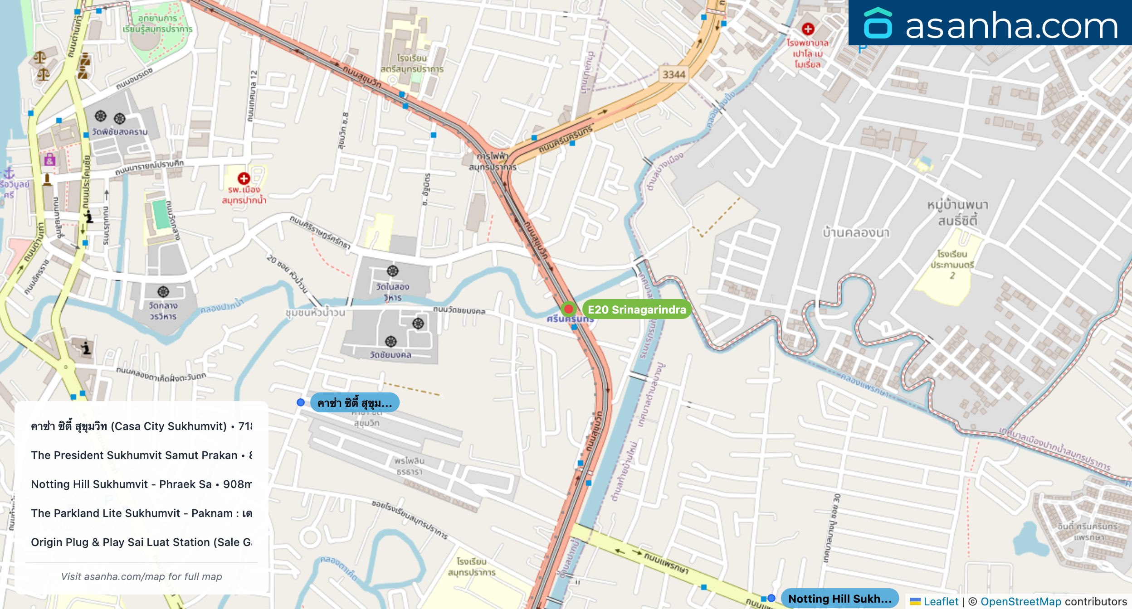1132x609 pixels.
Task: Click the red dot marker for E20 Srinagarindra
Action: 568,309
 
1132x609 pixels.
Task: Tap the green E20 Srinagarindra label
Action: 636,309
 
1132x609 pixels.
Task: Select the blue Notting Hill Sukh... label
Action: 839,599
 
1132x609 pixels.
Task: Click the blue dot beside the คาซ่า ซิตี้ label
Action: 300,402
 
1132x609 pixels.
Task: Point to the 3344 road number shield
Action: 673,74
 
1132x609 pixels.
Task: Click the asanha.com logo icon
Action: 878,24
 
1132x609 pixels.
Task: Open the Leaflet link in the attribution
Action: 941,601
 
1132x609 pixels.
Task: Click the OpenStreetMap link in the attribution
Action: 1020,601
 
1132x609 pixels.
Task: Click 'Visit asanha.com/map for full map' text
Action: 141,576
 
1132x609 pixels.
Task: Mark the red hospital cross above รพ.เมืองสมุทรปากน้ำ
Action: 244,178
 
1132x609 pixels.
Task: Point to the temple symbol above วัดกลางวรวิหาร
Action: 163,291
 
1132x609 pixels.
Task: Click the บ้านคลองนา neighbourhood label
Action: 856,232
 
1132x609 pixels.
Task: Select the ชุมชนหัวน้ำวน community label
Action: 315,313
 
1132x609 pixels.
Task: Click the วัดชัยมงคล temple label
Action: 390,354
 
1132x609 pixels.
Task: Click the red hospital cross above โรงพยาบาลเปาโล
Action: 808,29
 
